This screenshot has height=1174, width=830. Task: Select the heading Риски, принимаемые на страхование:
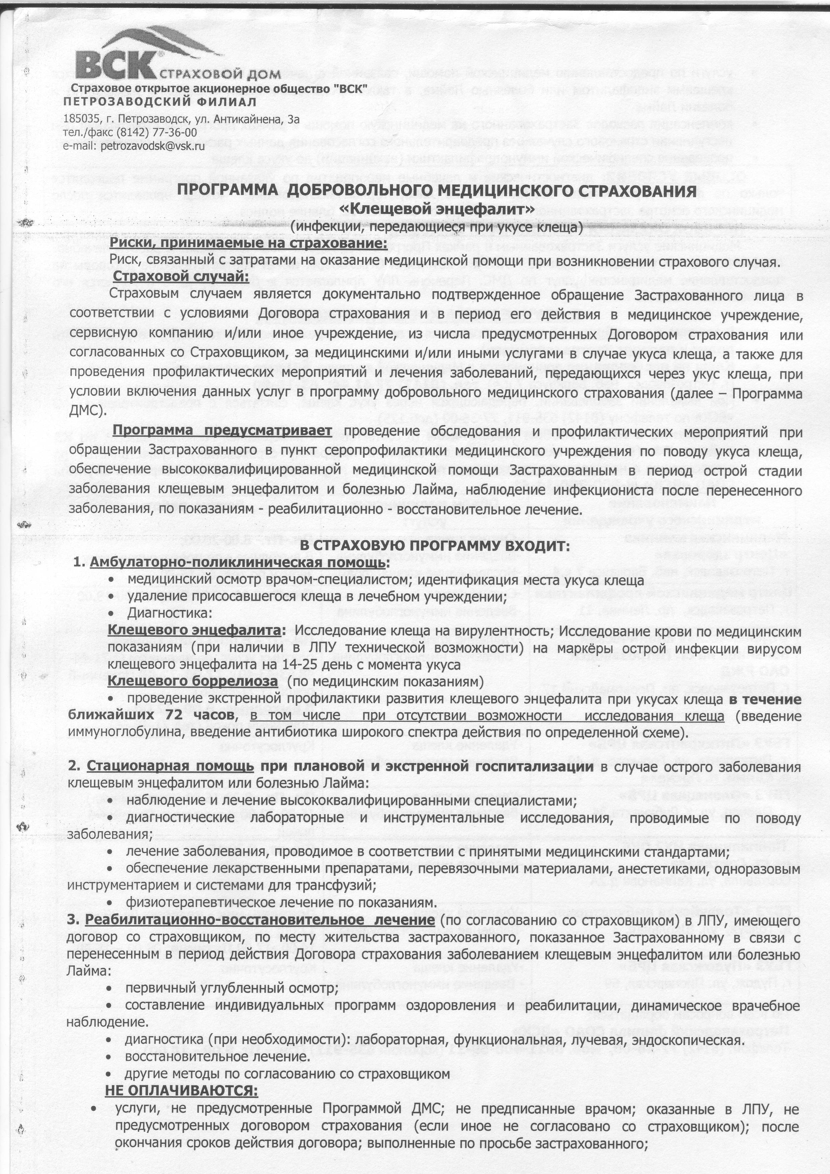coord(249,243)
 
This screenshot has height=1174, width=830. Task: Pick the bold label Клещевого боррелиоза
coord(193,682)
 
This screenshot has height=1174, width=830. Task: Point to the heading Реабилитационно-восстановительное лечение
coord(260,919)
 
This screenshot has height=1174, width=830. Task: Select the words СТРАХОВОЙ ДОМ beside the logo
coord(220,73)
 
